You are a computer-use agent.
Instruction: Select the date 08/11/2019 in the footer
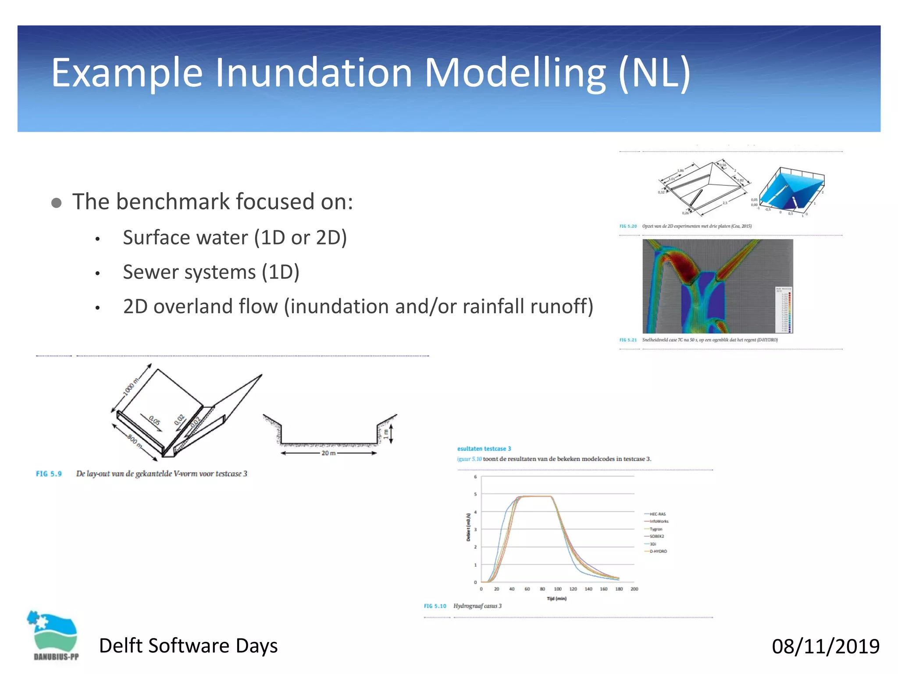825,646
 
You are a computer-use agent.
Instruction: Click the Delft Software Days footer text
188,646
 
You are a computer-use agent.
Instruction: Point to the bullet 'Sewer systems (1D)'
211,272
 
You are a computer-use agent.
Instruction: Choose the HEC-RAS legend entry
657,514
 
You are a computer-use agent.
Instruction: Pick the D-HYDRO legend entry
658,551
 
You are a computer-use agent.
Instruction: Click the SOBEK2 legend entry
656,536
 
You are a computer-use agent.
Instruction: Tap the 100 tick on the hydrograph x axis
558,589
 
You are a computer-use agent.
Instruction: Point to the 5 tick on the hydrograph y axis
475,494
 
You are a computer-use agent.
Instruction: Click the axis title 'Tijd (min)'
556,599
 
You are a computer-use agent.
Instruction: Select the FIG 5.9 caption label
49,474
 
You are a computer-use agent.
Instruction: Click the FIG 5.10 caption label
435,606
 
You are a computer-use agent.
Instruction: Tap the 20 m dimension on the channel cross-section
328,453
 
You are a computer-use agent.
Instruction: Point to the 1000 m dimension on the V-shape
131,386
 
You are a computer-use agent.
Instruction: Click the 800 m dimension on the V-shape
135,441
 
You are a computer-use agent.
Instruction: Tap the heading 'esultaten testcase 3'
484,448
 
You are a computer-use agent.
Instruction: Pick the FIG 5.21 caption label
628,340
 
